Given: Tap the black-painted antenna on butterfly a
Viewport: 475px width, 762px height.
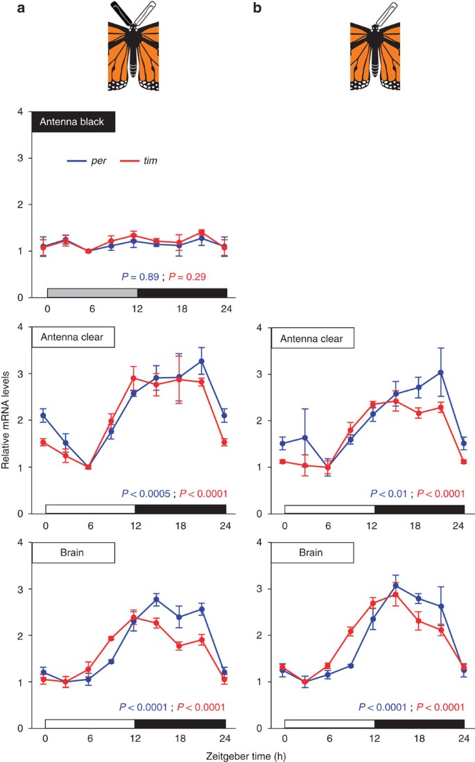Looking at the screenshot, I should pyautogui.click(x=121, y=13).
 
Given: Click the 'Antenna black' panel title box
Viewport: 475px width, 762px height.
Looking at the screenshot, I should pyautogui.click(x=74, y=122).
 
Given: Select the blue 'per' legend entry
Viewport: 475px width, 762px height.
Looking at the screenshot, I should pyautogui.click(x=91, y=161).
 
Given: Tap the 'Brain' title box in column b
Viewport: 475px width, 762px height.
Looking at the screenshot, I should pyautogui.click(x=313, y=553).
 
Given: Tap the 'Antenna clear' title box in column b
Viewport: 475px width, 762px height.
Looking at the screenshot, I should pyautogui.click(x=313, y=338).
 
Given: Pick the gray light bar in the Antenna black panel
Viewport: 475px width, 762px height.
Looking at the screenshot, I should pyautogui.click(x=92, y=292).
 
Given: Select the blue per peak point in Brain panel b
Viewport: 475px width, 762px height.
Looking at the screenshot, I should pyautogui.click(x=396, y=585).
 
